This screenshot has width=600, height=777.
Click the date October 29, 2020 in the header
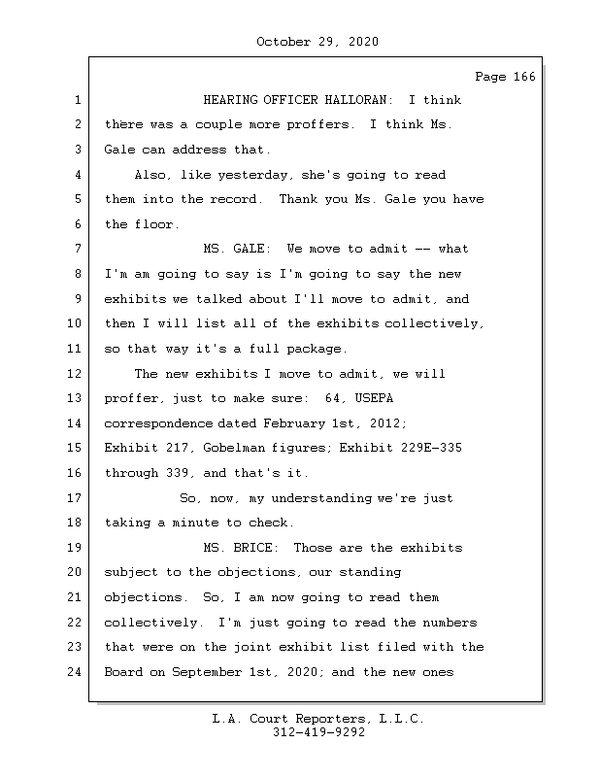[x=317, y=42]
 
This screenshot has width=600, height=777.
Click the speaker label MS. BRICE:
[x=245, y=548]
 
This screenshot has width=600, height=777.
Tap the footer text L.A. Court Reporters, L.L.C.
[x=317, y=720]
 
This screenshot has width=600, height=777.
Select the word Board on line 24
[x=123, y=672]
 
